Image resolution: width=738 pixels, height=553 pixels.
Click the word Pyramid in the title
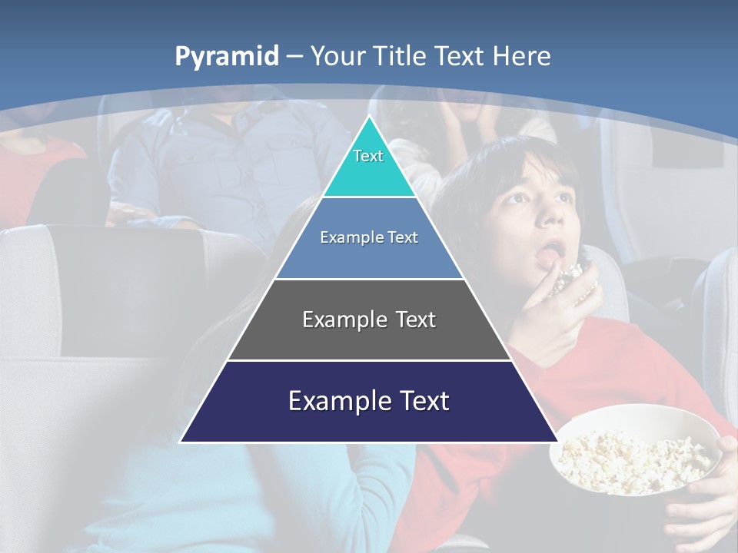tap(227, 57)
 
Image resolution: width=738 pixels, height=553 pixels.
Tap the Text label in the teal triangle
tap(368, 156)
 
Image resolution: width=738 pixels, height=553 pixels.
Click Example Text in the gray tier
tap(369, 320)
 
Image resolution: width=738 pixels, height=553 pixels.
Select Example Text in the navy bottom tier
tap(369, 401)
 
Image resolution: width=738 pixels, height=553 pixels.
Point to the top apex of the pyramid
tap(369, 117)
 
